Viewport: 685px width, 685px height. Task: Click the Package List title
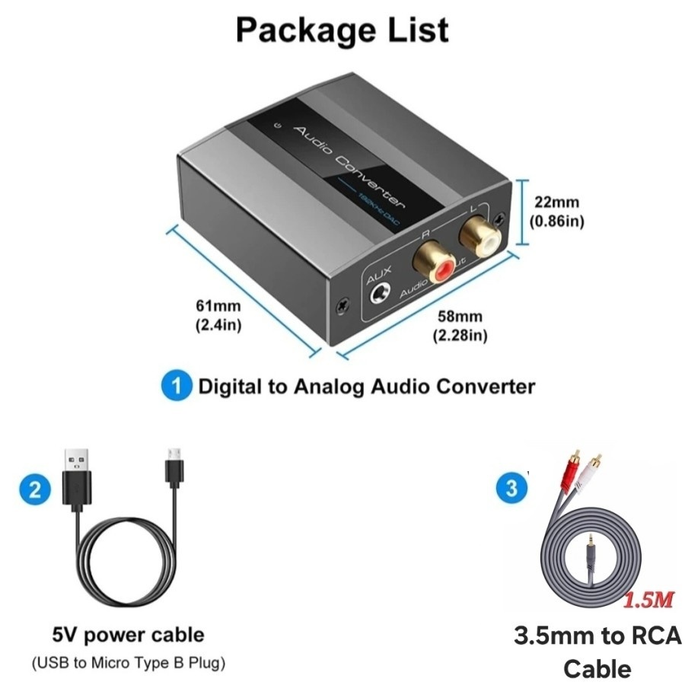(342, 30)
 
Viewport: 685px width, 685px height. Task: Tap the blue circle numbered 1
(177, 386)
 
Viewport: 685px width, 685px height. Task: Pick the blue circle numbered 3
(511, 488)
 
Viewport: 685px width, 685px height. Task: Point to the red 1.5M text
(649, 600)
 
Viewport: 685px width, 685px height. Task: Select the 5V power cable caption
(128, 633)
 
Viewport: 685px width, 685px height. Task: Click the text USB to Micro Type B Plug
(128, 662)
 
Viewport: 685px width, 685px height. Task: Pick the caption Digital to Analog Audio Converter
(366, 386)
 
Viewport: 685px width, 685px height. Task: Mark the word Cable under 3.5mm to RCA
(597, 668)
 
